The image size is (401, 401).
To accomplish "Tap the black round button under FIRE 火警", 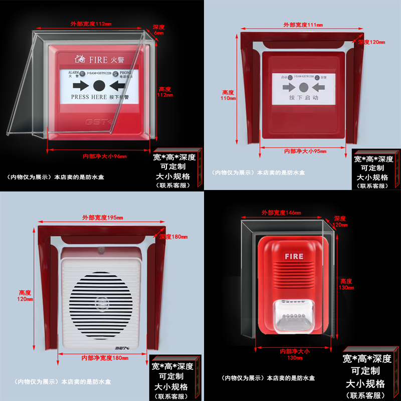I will (99, 85).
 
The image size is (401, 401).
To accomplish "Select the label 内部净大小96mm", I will (104, 156).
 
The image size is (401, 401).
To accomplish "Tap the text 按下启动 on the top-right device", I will (303, 98).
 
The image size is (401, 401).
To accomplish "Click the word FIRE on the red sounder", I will (294, 256).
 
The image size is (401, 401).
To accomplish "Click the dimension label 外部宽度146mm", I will (281, 213).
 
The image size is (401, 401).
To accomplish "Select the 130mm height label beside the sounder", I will (346, 285).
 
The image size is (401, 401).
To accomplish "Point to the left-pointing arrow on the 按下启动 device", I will (318, 86).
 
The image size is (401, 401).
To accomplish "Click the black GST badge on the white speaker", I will (123, 346).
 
